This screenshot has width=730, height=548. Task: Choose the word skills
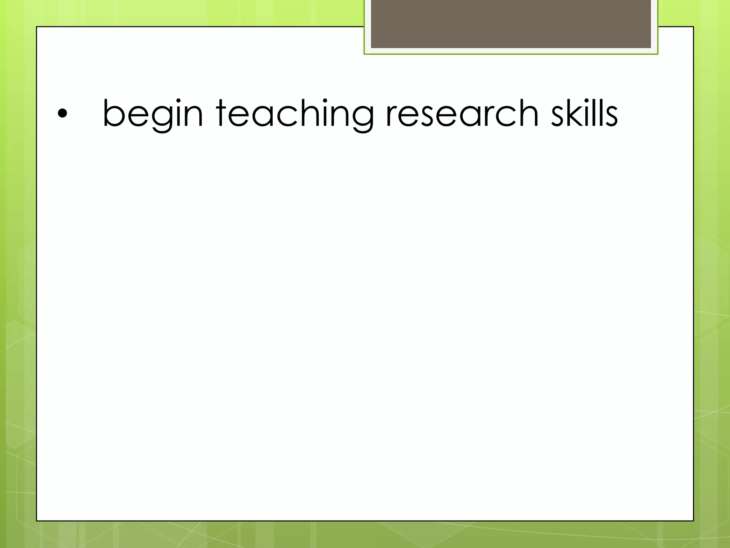[585, 113]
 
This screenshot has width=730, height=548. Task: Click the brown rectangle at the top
[511, 24]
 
